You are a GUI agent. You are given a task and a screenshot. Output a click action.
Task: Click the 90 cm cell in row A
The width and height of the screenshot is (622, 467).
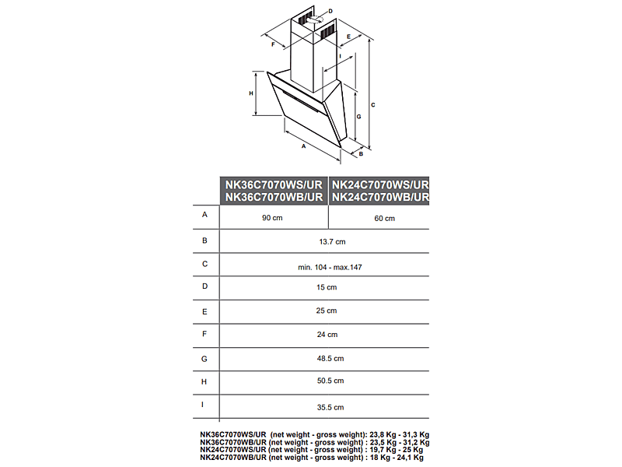272,218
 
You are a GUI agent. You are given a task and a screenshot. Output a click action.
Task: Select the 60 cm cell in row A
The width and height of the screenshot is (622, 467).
384,218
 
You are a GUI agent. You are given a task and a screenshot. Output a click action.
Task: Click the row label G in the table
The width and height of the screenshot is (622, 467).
204,359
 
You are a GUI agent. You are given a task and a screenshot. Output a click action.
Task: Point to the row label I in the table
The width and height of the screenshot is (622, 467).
204,405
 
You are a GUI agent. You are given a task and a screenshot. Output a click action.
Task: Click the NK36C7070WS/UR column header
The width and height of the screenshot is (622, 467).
274,185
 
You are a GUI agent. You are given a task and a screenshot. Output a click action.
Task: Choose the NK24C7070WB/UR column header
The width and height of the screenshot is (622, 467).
380,198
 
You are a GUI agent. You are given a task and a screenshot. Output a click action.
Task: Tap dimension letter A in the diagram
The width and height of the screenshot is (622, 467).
302,146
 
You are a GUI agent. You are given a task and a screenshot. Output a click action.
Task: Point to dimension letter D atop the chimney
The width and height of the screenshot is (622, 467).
330,11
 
